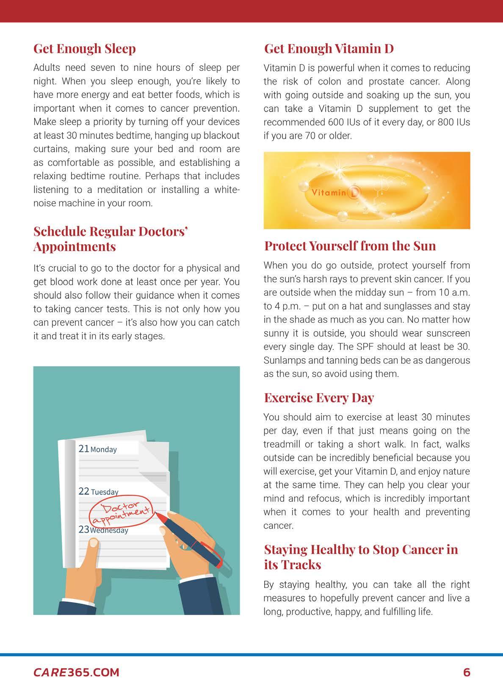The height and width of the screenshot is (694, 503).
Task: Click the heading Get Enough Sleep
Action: coord(85,49)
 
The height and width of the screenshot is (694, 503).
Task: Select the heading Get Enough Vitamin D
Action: coord(329,49)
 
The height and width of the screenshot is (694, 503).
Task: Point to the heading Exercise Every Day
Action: coord(319,398)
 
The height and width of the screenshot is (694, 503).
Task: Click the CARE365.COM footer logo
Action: coord(76,672)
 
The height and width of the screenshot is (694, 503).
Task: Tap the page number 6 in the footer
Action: coord(467,672)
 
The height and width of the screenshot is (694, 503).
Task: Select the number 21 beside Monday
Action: coord(84,449)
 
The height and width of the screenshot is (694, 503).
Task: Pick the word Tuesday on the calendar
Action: coord(105,492)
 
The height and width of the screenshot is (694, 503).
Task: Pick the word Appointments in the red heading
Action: coord(75,246)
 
